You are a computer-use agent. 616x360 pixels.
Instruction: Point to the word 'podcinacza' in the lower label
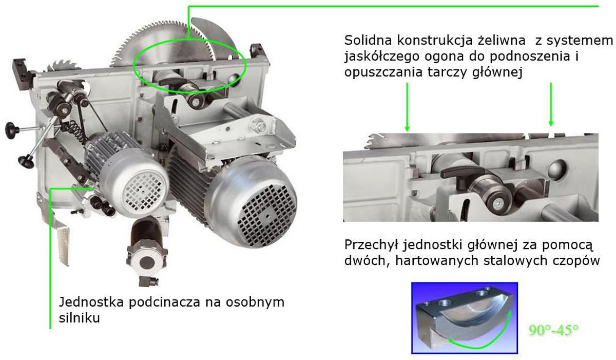164,303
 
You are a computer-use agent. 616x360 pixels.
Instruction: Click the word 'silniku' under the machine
79,318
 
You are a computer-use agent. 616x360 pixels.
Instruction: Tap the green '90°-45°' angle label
553,330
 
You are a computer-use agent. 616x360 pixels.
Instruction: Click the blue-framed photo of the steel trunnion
465,318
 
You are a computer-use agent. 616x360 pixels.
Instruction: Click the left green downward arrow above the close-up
407,107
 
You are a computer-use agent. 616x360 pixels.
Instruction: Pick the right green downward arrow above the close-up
551,104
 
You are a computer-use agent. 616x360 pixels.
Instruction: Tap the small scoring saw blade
64,66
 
